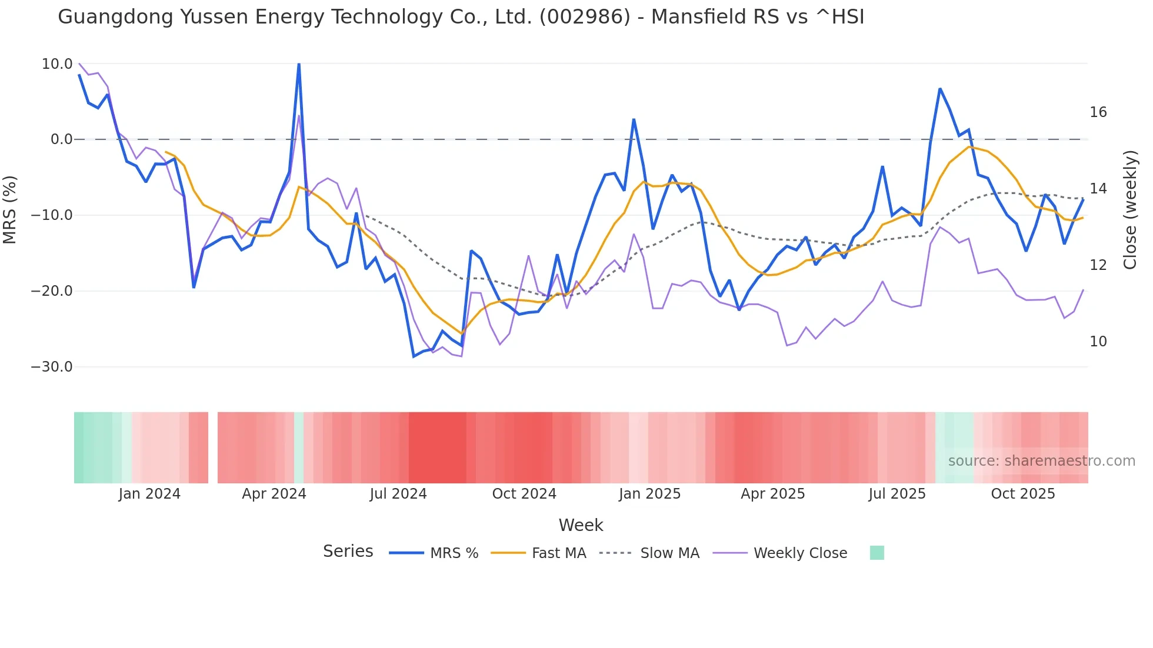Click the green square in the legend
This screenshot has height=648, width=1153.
(x=877, y=553)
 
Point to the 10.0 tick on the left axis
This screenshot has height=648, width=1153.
(x=57, y=64)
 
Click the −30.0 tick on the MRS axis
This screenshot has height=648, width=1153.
(x=52, y=367)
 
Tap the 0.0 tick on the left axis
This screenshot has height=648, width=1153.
(x=62, y=139)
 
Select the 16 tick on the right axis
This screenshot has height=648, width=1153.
(x=1098, y=112)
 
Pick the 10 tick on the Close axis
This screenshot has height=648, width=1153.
(x=1098, y=342)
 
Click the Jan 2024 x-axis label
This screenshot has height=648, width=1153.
(x=149, y=494)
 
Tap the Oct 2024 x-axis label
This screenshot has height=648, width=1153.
(x=524, y=494)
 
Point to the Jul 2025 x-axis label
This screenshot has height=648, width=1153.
(x=897, y=494)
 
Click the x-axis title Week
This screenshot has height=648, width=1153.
(x=581, y=525)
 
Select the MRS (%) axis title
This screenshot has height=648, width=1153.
(x=10, y=210)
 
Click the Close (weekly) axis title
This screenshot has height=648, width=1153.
(x=1129, y=210)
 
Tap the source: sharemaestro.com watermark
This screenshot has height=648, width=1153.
(x=1041, y=461)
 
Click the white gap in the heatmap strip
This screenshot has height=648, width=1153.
(x=213, y=447)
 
